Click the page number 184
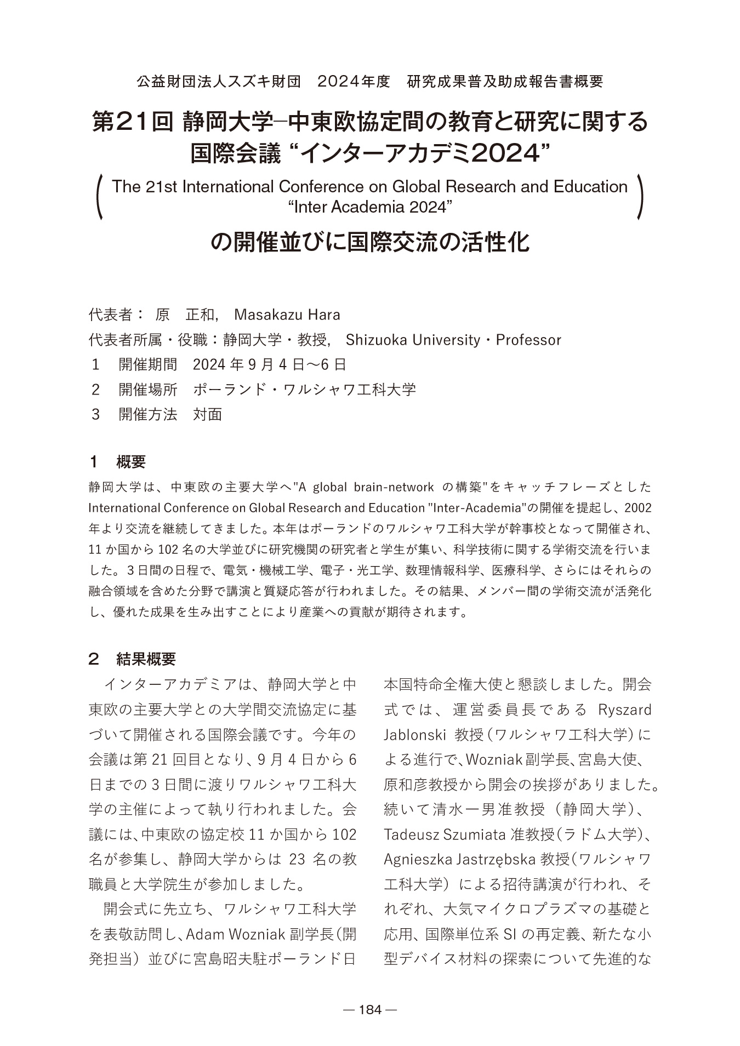369,1009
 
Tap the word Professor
528,340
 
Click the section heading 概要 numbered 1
131,462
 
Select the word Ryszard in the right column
625,710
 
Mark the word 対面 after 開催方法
208,414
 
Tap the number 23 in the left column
297,859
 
